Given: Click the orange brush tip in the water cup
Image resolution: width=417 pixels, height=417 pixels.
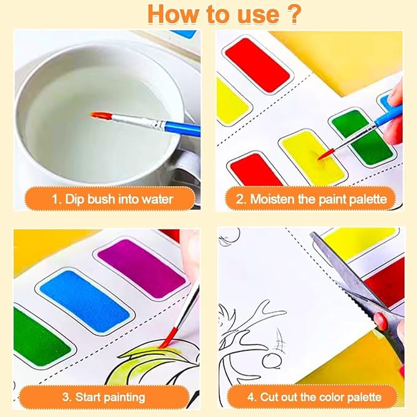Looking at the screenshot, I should point(99,115).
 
